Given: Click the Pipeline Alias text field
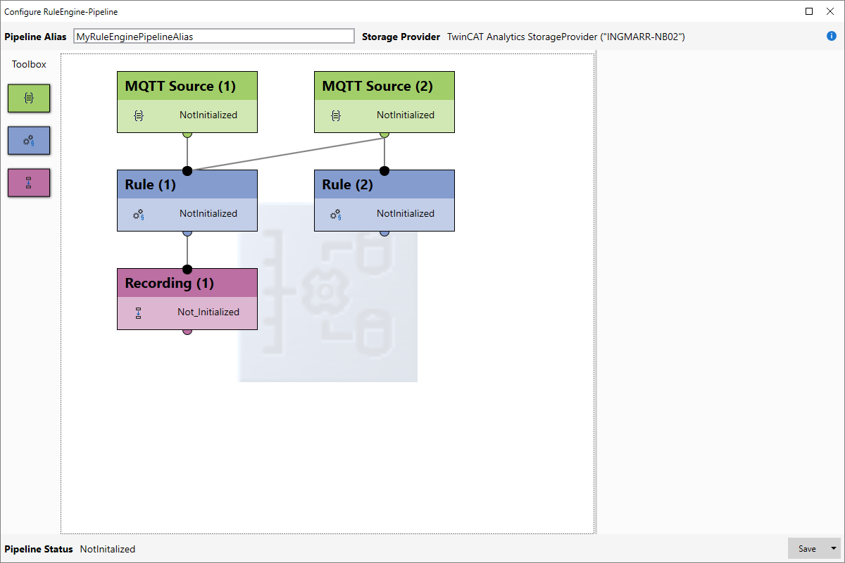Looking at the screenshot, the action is click(213, 36).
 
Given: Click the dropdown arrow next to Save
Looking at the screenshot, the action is click(833, 548).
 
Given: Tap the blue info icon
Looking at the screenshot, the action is click(832, 36).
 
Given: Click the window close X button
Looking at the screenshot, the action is click(830, 11).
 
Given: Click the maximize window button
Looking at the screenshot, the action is click(809, 11).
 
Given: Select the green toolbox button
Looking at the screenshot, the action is click(29, 98).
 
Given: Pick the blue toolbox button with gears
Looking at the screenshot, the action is click(29, 140).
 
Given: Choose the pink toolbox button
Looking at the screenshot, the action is click(29, 182).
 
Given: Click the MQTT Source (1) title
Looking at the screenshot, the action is click(180, 86).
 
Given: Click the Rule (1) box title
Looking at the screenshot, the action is click(150, 184).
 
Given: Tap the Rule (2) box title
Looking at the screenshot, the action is click(347, 184).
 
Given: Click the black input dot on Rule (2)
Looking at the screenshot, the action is click(384, 171).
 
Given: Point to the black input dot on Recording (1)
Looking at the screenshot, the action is click(187, 270).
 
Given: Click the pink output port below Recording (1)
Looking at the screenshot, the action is click(187, 332).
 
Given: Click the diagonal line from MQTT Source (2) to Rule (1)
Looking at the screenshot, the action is click(286, 154).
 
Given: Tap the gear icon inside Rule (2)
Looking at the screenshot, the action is click(335, 214).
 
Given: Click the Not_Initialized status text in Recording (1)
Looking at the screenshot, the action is click(208, 312).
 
